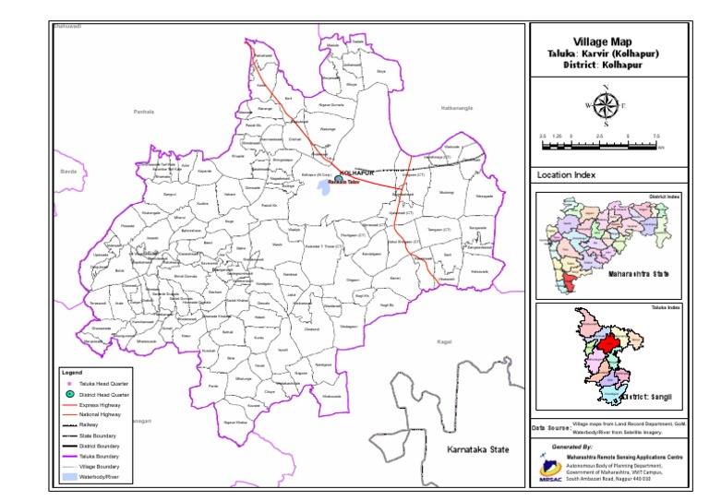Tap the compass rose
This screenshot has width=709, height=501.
(x=606, y=105)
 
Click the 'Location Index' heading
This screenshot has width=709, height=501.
(x=566, y=175)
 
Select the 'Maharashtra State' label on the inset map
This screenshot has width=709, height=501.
(x=638, y=275)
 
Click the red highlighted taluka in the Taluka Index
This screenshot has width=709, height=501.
(x=607, y=343)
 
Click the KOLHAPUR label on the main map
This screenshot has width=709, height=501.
(x=355, y=173)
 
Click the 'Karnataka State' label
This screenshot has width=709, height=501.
(x=476, y=450)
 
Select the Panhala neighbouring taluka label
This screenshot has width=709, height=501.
(x=143, y=111)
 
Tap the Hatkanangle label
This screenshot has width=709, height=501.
(x=456, y=108)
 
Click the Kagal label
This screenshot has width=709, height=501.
(x=445, y=341)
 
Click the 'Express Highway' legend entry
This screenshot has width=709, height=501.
(x=97, y=404)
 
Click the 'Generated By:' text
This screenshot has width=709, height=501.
(x=571, y=446)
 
